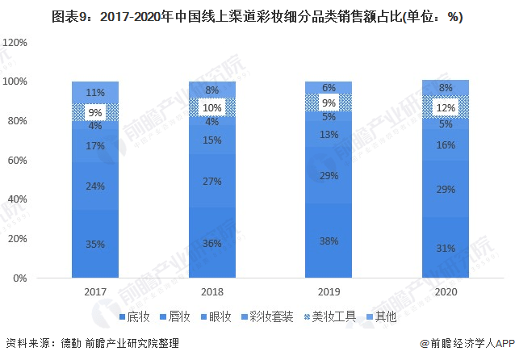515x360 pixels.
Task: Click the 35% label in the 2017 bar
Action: click(x=95, y=245)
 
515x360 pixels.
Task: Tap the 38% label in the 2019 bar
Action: click(x=329, y=241)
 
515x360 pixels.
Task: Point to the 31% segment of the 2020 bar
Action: click(x=446, y=248)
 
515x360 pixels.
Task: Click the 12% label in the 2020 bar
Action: click(x=446, y=107)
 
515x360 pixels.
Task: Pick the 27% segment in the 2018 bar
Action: click(x=212, y=181)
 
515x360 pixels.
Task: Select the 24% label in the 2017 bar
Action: click(x=95, y=186)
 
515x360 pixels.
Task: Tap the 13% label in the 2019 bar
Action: click(x=329, y=135)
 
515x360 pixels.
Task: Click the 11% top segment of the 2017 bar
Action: click(x=95, y=92)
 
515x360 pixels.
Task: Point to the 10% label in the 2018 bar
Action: click(x=212, y=107)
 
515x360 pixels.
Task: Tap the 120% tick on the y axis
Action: click(x=15, y=42)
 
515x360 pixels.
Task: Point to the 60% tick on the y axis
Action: click(x=18, y=160)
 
